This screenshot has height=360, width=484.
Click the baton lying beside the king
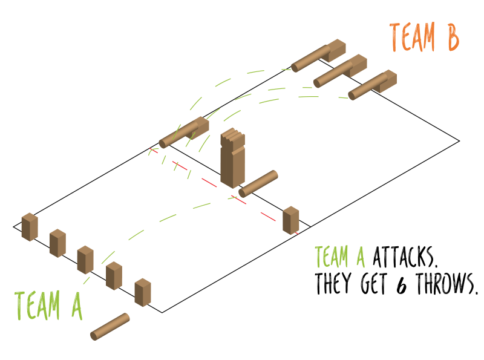(x=258, y=183)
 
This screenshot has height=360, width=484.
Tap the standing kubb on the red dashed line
(x=291, y=220)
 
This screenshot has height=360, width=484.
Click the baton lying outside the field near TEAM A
(x=111, y=326)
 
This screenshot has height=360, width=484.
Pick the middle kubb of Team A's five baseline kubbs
(x=85, y=259)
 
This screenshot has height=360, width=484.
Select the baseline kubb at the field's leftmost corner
(x=30, y=227)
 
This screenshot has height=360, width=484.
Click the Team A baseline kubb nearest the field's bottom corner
(x=142, y=292)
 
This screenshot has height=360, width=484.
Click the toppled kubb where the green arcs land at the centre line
(x=185, y=133)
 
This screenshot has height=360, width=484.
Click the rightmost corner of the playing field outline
(x=459, y=141)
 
